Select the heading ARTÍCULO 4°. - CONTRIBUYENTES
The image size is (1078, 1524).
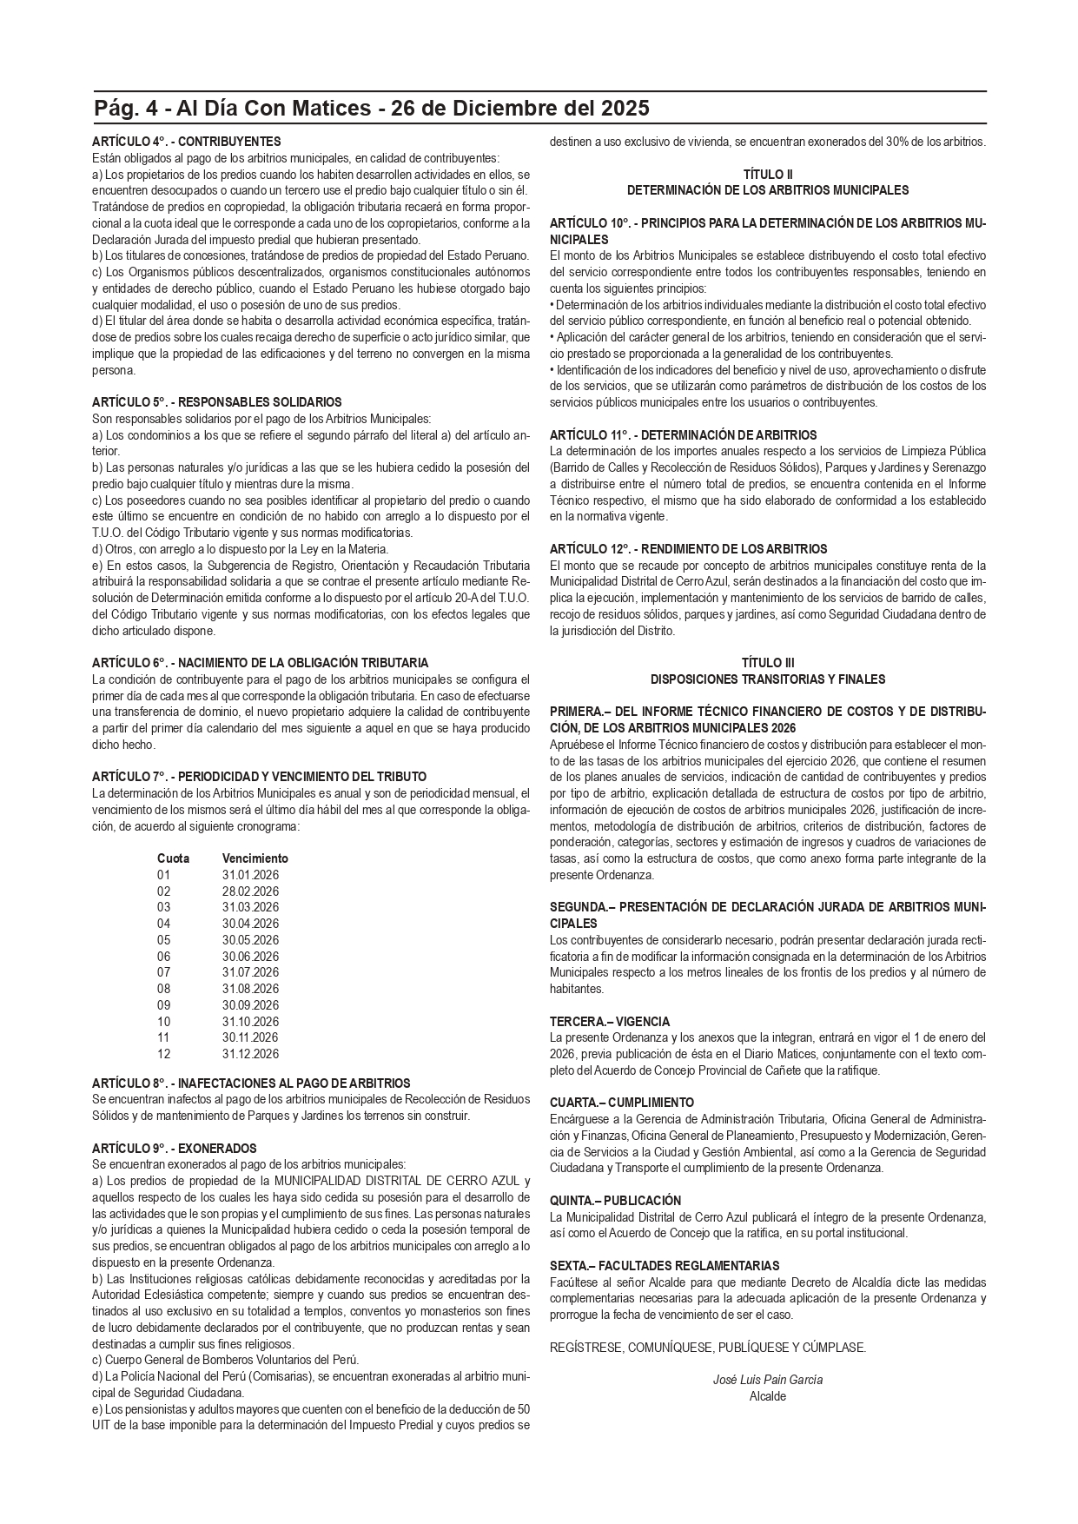pos(186,141)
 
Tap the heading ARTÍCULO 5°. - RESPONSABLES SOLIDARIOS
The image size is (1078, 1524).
pos(216,402)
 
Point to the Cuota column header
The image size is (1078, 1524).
pos(173,858)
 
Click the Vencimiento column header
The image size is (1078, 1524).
pos(255,858)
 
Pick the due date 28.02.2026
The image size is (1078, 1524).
pos(250,891)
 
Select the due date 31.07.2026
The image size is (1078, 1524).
pos(250,972)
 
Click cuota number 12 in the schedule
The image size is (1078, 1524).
pos(164,1054)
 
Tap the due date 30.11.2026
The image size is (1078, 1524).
pos(250,1037)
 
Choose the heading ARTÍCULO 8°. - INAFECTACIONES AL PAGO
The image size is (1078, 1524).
pos(251,1083)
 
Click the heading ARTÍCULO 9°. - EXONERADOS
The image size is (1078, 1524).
pos(174,1149)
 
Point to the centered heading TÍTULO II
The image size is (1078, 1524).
pos(767,174)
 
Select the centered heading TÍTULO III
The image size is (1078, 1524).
pos(767,663)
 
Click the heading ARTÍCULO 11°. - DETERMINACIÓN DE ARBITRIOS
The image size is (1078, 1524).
pos(683,435)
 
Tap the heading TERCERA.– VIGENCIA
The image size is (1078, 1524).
pos(609,1022)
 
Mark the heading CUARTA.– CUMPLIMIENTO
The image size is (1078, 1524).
pos(621,1103)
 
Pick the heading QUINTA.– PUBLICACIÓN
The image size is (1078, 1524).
pos(615,1201)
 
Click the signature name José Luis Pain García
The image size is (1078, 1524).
pos(767,1380)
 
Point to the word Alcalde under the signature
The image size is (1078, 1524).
pos(767,1396)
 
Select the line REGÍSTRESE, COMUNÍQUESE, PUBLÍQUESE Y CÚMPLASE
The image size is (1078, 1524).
pos(707,1348)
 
